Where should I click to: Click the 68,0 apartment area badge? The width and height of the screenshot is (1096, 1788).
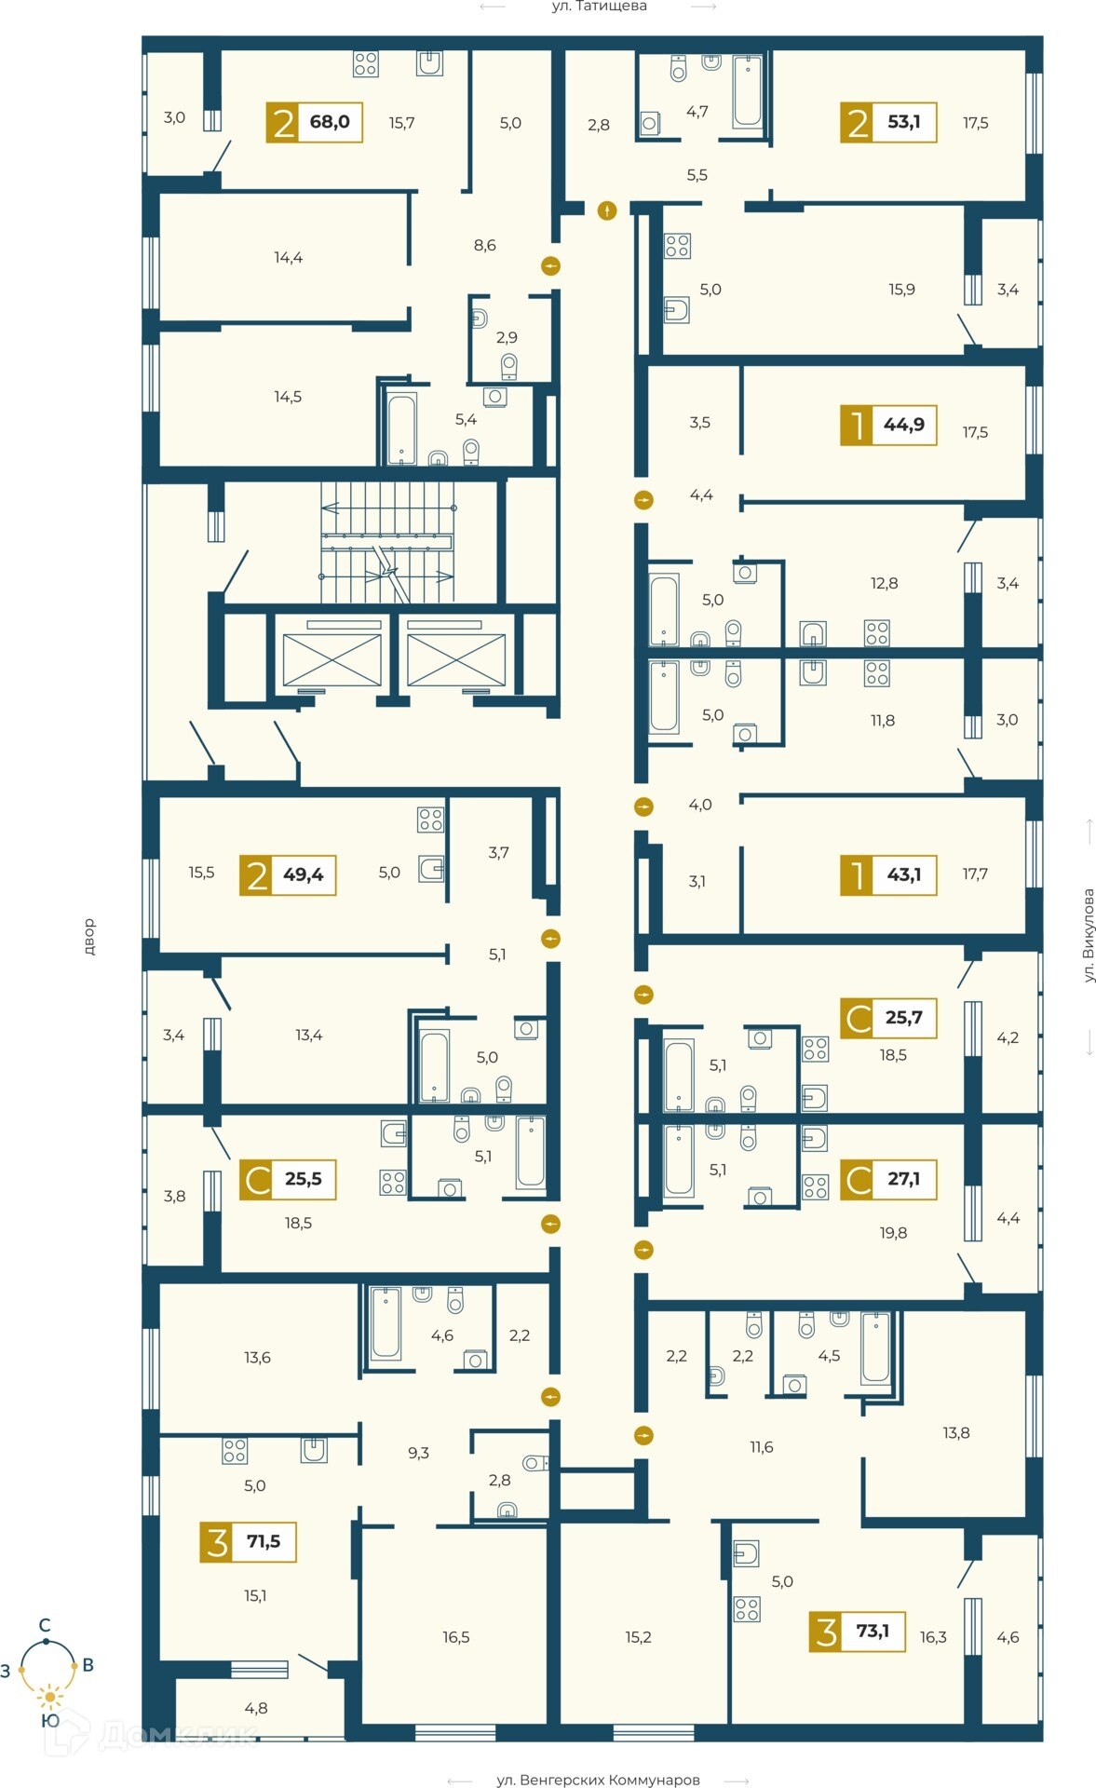315,122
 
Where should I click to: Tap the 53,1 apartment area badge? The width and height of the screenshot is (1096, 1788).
888,122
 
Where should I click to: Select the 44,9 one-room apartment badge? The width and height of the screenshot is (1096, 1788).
888,425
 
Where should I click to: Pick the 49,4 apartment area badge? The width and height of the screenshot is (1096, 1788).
288,875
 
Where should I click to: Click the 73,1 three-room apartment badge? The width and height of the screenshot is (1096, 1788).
858,1632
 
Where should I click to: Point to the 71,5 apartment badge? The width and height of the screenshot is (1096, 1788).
249,1542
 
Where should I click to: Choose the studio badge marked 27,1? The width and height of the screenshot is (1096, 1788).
888,1179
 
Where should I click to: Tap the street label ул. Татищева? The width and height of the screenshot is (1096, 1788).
599,7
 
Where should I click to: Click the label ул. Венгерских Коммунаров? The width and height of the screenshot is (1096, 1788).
598,1780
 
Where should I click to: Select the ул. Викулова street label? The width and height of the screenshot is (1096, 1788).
1089,935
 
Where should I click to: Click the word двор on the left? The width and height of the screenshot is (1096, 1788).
89,937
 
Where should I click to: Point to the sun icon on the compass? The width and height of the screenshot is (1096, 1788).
49,1698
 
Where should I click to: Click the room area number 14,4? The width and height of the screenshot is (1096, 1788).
289,258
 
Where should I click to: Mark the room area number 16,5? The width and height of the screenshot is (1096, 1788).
456,1637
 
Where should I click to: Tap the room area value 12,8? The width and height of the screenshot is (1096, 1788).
885,584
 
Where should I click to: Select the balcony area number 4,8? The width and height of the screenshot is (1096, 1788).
256,1708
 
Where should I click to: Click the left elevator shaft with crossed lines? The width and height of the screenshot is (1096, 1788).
332,659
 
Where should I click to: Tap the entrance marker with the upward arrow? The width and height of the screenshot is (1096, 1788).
607,210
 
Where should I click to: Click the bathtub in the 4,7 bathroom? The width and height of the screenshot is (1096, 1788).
748,92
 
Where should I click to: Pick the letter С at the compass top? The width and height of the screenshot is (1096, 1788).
44,1625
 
